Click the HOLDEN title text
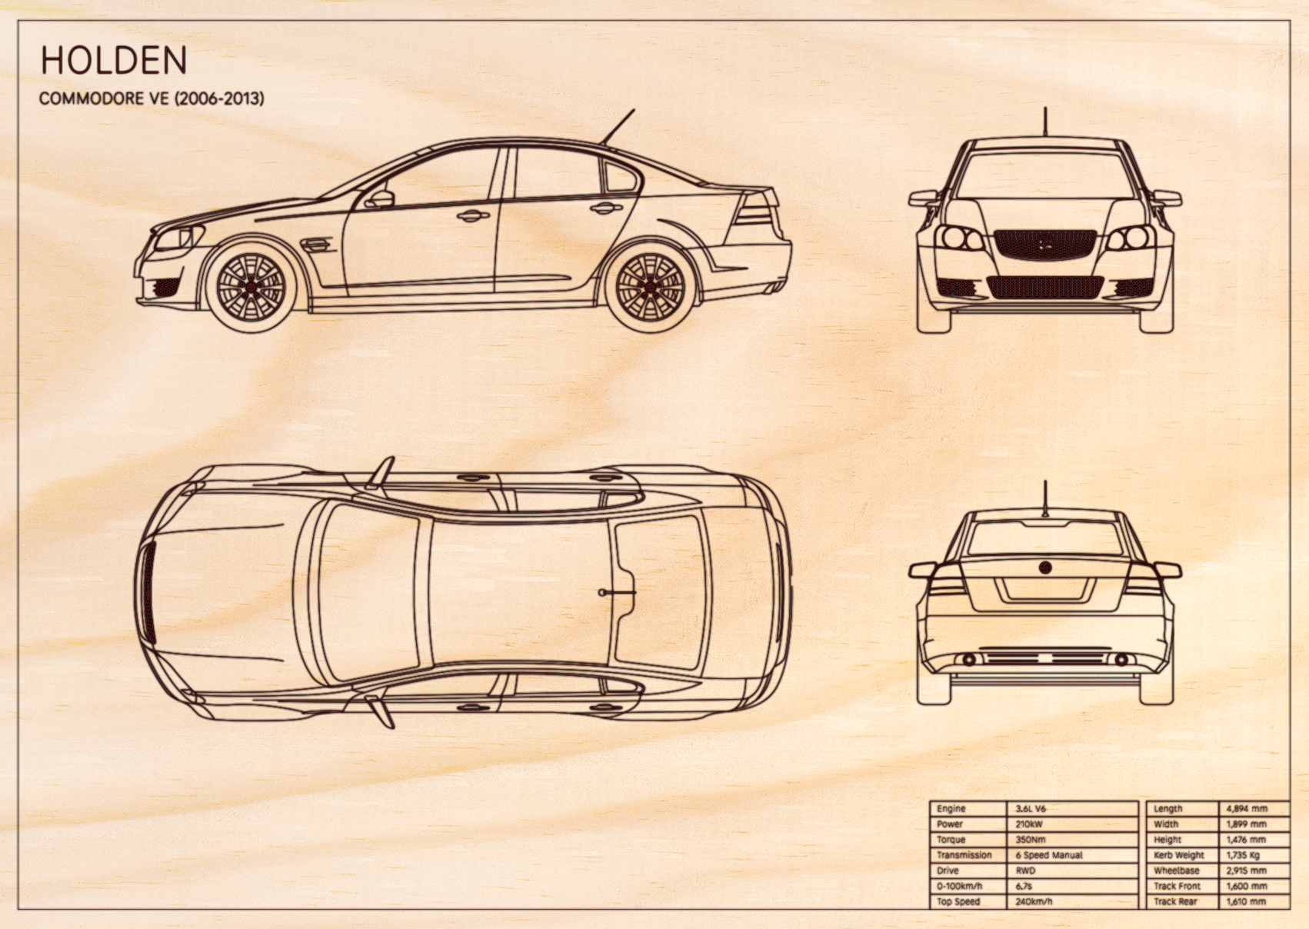(114, 60)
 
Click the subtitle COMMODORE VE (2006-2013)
(152, 98)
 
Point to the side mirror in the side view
(380, 199)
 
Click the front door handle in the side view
(473, 216)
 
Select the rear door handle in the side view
(606, 208)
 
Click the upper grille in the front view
(1045, 244)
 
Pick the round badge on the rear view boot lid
(1045, 567)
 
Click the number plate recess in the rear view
(1045, 590)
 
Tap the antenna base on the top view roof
(602, 592)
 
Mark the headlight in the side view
(175, 238)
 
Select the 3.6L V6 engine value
(1031, 808)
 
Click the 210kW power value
(1029, 824)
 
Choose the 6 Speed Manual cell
(1049, 855)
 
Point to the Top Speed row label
(958, 901)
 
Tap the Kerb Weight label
(1179, 855)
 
